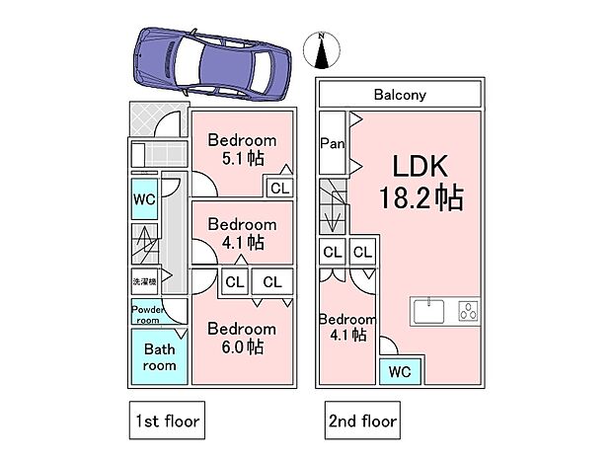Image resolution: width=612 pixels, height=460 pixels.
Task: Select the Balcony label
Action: coord(400,96)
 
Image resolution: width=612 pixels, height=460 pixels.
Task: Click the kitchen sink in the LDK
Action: coord(430,311)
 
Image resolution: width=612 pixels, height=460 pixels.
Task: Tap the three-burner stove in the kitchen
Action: coord(466,311)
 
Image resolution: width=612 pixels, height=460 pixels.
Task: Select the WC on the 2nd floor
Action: coord(400,371)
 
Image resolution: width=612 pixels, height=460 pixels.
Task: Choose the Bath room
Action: coord(160,356)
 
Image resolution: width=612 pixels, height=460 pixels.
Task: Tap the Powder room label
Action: coord(147,313)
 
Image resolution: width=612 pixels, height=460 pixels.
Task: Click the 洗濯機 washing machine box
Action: coord(144,282)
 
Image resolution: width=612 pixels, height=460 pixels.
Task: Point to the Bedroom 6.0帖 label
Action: coord(241,338)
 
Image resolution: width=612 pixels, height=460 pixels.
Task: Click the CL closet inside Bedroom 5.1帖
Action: coord(278,188)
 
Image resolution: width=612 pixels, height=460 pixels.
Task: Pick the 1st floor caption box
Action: coord(164,422)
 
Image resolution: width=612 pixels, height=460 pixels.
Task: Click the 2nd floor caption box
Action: coord(362,422)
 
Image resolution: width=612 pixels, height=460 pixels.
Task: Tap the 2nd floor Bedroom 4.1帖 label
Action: coord(346,327)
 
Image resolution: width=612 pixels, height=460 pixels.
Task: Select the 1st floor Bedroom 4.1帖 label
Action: coord(241,232)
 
